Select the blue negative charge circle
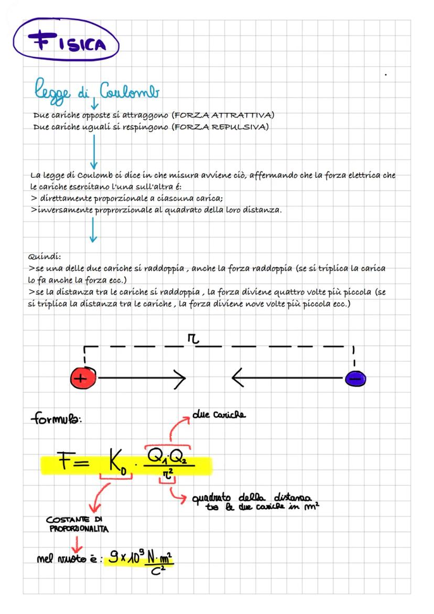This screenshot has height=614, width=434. [x=355, y=378]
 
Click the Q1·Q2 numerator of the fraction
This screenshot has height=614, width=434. [x=167, y=456]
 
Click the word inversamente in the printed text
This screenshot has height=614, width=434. [x=61, y=211]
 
